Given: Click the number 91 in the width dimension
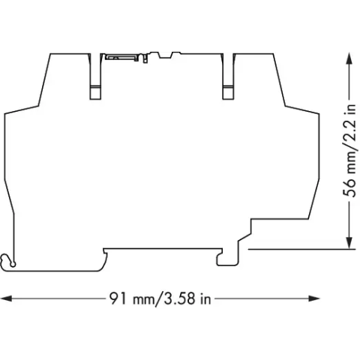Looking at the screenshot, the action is click(x=118, y=298).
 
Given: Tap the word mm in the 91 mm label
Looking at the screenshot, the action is click(x=143, y=300).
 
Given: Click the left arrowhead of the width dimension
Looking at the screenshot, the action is click(x=7, y=298).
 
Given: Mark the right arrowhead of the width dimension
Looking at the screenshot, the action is click(x=314, y=298).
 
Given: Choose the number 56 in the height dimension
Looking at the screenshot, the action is click(x=349, y=188).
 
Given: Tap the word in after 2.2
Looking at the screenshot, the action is click(x=349, y=109).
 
